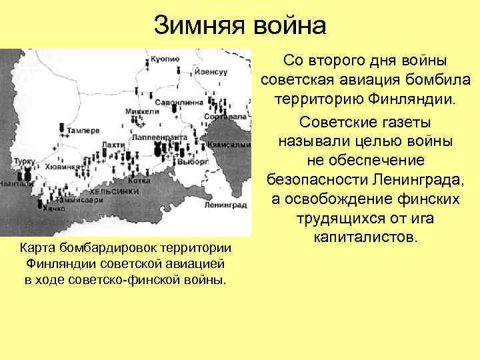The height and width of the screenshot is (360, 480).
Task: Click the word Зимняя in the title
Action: tap(197, 26)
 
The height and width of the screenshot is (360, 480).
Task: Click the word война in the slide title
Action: tap(288, 26)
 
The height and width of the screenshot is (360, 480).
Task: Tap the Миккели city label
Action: tap(144, 111)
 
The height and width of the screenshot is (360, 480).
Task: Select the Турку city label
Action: tap(25, 163)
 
